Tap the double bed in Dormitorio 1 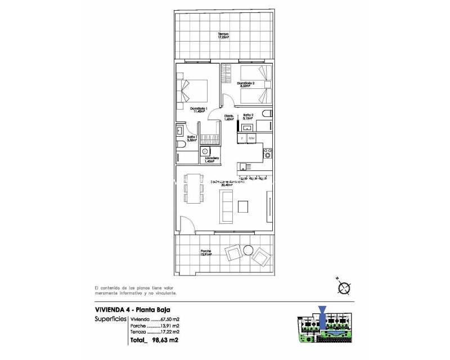(x=194, y=91)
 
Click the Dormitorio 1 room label (x=199, y=110)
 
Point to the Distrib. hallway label (x=228, y=118)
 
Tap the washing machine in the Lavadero (x=206, y=151)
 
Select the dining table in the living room (x=193, y=190)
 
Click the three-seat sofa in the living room (x=227, y=206)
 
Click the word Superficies (x=110, y=319)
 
